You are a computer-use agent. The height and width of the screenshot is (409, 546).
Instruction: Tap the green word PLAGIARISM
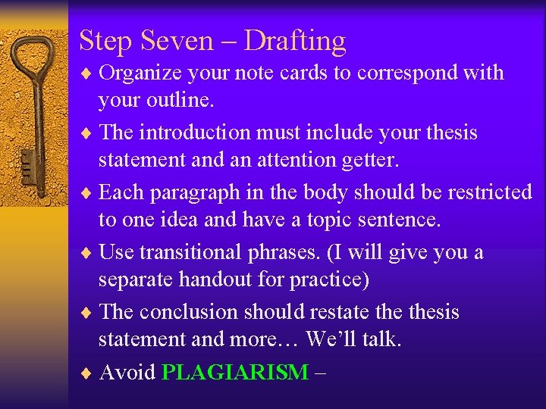point(235,373)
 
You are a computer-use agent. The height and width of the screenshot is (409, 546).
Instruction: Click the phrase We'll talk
point(353,339)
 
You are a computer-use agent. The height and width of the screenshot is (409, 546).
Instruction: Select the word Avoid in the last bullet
point(127,373)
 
